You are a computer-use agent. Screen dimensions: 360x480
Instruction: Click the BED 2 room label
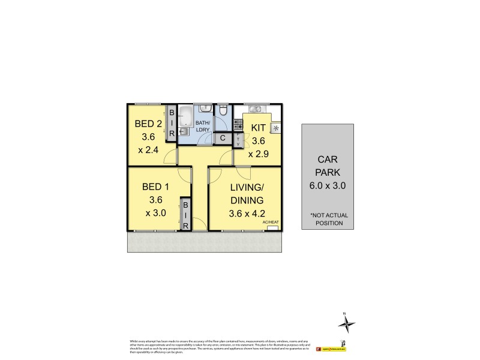148,125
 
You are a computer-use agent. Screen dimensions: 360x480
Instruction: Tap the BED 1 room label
155,187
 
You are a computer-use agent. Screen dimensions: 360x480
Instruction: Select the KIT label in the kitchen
258,128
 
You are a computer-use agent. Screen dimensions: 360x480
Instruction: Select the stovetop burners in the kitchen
238,125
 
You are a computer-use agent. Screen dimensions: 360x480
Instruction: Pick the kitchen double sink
254,109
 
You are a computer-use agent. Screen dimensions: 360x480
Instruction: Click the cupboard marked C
223,138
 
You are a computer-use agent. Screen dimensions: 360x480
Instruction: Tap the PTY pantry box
238,139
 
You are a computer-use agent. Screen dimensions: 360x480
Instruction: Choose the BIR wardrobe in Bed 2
171,124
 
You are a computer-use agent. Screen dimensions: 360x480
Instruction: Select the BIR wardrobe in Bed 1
185,214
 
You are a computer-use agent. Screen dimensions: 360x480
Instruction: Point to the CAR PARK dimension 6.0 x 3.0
327,185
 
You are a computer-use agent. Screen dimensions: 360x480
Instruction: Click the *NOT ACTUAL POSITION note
327,219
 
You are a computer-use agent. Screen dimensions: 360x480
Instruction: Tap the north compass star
346,324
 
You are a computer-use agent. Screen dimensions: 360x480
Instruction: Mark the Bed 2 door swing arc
172,157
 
